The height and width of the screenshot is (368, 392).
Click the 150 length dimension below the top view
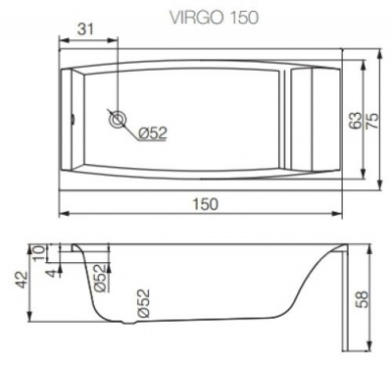click(202, 203)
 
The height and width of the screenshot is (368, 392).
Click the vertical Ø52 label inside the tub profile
click(144, 305)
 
